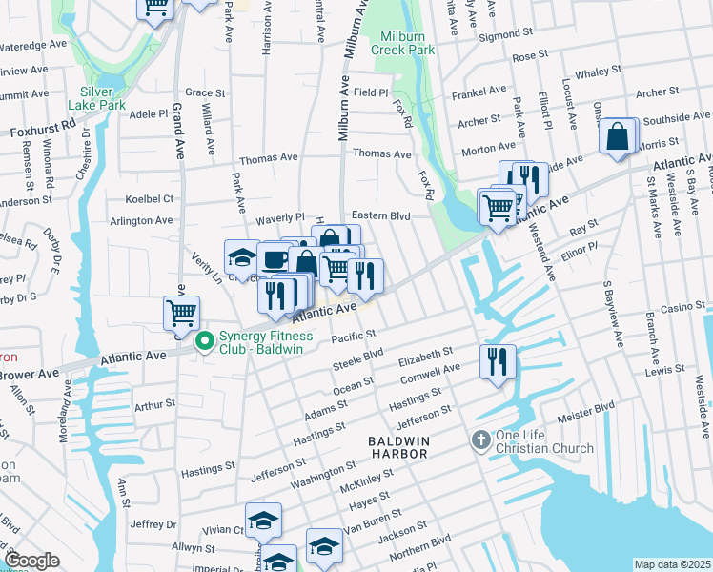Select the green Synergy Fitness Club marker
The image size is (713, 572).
[203, 339]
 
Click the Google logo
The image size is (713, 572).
[31, 561]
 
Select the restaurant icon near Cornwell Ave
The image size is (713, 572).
[498, 361]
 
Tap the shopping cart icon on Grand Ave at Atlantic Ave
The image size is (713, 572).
[181, 311]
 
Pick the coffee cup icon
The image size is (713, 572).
[275, 258]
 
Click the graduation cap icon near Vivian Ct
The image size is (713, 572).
[264, 521]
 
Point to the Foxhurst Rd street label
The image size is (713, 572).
[43, 124]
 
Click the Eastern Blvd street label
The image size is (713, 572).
[381, 216]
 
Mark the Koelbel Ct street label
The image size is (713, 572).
[150, 199]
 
